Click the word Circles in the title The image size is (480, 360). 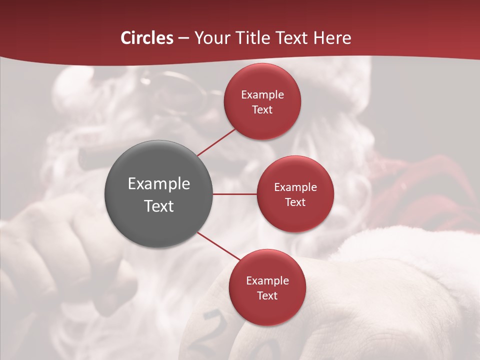pos(147,38)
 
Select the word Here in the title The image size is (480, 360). pos(332,38)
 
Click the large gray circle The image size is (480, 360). pos(158,194)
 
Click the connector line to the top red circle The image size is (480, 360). pos(217,142)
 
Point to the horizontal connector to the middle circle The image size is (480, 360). pos(235,194)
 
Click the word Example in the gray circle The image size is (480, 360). pos(159,184)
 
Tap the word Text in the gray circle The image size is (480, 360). pos(159,206)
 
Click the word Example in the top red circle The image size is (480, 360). pos(262,95)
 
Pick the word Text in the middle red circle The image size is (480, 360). pos(295,202)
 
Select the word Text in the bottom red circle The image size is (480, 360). pos(267,295)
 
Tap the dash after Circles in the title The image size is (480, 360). pos(183,38)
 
